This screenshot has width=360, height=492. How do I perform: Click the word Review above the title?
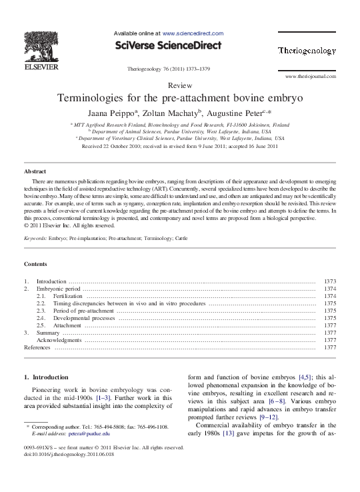coord(180,86)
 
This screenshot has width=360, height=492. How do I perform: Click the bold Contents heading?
coord(36,264)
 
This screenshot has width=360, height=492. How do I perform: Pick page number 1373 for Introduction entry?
coord(329,282)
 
